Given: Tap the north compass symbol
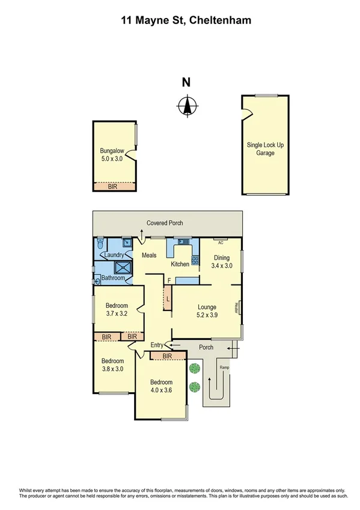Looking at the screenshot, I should click(x=187, y=106).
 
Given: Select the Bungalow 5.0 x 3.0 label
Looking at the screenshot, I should click(x=112, y=155).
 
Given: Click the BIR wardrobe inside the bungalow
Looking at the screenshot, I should click(x=114, y=187).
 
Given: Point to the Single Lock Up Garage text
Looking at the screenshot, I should click(x=265, y=149).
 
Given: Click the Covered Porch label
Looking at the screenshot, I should click(x=165, y=223).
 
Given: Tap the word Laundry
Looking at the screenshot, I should click(x=114, y=255).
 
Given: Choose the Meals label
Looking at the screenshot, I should click(x=149, y=256).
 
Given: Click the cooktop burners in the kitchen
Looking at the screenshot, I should click(x=195, y=261).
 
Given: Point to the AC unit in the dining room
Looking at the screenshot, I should click(x=220, y=242).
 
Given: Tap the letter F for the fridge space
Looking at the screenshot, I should click(x=169, y=280).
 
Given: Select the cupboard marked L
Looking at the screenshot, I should click(x=168, y=298).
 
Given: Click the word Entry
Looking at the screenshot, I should click(x=156, y=345).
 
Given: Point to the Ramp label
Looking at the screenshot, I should click(x=224, y=367).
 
